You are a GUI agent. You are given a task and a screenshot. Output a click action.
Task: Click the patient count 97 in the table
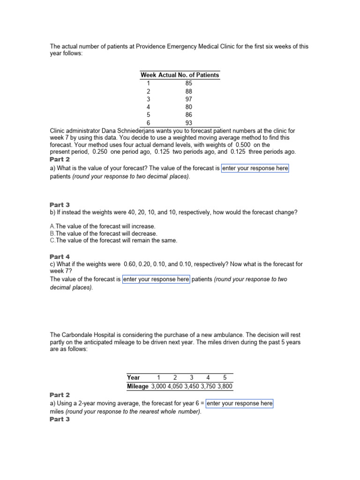click(x=188, y=99)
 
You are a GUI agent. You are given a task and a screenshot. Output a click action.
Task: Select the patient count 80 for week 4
click(x=188, y=107)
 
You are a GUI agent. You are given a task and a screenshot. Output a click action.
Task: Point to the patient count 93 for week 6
click(x=188, y=123)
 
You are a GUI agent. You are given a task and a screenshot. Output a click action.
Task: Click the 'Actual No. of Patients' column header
click(x=189, y=75)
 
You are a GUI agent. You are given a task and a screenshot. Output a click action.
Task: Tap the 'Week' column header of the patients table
click(x=149, y=75)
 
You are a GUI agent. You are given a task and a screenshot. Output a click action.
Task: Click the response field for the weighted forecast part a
click(x=255, y=168)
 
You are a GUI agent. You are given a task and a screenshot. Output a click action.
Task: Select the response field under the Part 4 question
click(x=156, y=279)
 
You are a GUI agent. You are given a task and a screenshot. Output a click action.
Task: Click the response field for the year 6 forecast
click(x=240, y=403)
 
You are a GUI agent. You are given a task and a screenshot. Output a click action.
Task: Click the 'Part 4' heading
click(x=60, y=256)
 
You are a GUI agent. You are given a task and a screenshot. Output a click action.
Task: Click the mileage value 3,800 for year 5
click(x=225, y=387)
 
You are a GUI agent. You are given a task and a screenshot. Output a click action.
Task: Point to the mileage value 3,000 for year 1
click(x=158, y=387)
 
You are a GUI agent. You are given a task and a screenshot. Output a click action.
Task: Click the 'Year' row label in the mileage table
click(x=134, y=377)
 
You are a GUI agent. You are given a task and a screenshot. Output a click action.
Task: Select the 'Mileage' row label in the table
click(x=138, y=387)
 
